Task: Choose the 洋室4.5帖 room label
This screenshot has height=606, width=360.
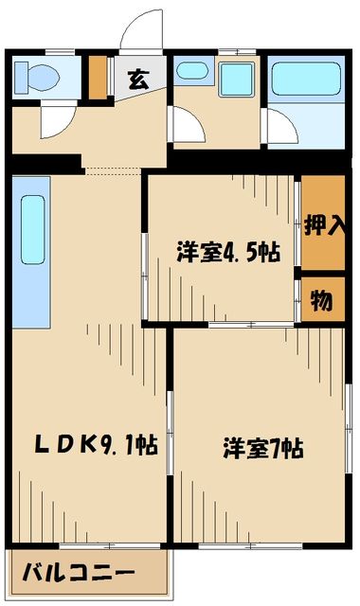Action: [227, 253]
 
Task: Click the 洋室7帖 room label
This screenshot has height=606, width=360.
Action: [261, 448]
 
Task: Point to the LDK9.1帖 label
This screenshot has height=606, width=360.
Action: [83, 442]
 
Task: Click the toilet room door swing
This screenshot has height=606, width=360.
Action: [53, 121]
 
